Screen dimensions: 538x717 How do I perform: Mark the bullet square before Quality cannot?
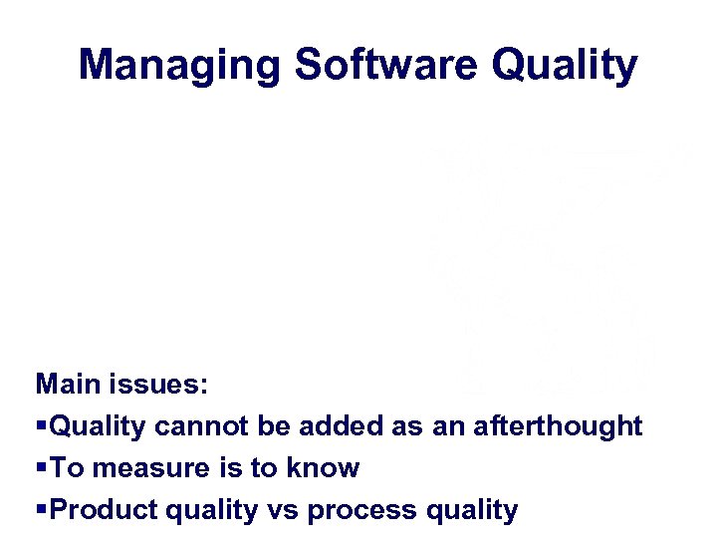tap(41, 427)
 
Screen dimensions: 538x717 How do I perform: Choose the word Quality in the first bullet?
tap(98, 426)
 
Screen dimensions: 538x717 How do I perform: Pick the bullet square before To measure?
tap(41, 469)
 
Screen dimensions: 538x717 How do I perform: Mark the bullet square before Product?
tap(41, 511)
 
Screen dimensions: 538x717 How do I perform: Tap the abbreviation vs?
tap(285, 511)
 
